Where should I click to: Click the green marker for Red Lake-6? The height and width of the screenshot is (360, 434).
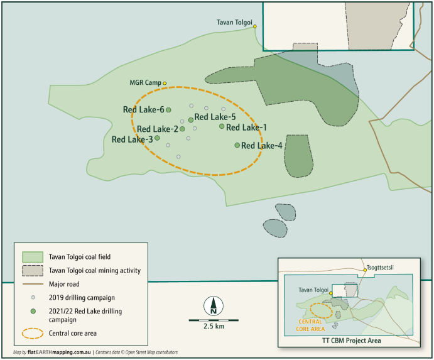[168, 110]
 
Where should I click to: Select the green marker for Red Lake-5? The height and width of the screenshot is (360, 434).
[191, 119]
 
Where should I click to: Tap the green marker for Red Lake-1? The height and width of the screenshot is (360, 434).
[222, 126]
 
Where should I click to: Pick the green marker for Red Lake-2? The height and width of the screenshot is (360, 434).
[182, 129]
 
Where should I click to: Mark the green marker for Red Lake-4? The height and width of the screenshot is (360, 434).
[237, 145]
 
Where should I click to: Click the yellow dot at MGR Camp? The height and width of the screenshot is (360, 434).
[165, 83]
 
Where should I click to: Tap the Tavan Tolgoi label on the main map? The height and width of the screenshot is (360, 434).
[234, 21]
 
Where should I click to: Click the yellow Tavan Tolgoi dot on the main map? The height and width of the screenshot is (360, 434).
[255, 26]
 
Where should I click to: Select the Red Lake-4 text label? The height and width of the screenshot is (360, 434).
[262, 146]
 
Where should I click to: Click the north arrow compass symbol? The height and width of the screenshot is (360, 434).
[214, 306]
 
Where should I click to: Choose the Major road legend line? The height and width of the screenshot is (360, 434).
[32, 284]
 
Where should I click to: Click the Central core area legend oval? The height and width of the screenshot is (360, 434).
[32, 333]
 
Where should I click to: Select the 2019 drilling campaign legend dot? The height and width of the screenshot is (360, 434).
[32, 297]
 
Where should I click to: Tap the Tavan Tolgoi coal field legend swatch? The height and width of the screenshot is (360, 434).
[32, 257]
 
